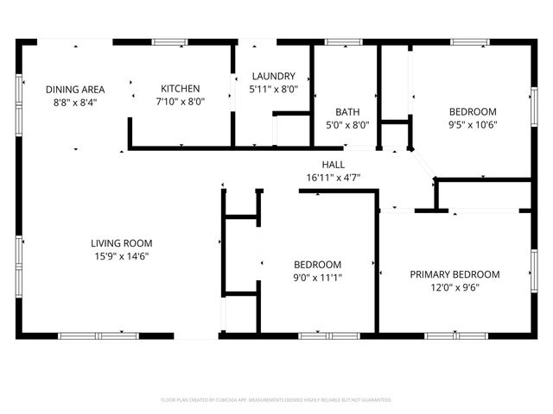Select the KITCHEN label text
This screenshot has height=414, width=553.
click(180, 88)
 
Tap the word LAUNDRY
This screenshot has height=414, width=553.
click(272, 76)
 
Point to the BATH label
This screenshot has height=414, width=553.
click(347, 111)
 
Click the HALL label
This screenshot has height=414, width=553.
click(333, 165)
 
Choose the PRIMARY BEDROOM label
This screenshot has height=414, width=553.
click(454, 274)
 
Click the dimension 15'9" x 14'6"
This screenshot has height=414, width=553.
click(122, 255)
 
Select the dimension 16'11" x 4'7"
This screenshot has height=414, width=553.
click(333, 178)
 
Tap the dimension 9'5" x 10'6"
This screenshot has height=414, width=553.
click(473, 124)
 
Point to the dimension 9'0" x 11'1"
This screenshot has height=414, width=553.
click(317, 277)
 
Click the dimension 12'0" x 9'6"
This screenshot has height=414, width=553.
click(454, 287)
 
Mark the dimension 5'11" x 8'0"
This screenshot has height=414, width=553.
click(272, 89)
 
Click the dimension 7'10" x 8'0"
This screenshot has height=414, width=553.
click(180, 101)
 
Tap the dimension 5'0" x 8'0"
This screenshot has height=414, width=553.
click(347, 124)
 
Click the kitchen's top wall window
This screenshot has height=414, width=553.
click(170, 41)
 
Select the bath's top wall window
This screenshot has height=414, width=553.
click(344, 41)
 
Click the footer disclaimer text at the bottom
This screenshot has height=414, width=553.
click(276, 400)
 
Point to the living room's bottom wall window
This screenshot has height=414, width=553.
click(99, 335)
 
